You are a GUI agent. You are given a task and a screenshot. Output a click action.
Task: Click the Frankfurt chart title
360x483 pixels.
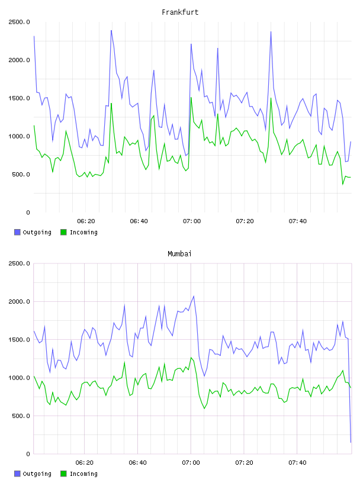coord(180,12)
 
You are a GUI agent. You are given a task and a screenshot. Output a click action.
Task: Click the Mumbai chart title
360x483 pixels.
coord(179,254)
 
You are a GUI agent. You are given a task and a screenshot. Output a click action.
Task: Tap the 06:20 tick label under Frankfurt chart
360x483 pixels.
coord(86,221)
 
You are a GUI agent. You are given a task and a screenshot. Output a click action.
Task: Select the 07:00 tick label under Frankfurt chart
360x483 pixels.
coord(192,221)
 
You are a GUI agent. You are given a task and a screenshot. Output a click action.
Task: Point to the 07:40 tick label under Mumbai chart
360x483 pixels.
coord(297,463)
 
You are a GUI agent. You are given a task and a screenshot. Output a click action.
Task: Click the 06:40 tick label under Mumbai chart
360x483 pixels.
coord(138,463)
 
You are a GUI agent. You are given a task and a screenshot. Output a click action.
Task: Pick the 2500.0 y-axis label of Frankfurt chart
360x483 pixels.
coord(19,22)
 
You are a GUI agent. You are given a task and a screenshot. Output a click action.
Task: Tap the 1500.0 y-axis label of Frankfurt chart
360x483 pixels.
coord(19,98)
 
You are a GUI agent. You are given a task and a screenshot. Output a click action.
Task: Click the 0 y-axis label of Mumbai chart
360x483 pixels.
coord(28,454)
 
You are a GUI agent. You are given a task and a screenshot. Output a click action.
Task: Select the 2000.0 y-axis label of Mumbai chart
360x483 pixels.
coord(19,301)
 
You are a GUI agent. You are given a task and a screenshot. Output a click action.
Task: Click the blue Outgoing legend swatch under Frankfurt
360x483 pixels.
coord(17,232)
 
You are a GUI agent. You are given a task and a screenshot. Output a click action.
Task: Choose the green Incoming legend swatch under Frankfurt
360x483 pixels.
coord(63,232)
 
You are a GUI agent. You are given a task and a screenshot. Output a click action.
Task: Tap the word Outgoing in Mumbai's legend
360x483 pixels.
coord(37,474)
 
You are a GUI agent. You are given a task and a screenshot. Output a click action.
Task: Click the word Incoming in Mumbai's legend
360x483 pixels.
coord(83,474)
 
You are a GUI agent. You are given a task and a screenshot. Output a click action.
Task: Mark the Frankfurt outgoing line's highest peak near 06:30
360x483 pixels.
coord(111,30)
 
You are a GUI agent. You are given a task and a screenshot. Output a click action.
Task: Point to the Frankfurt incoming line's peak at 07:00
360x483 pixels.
coord(191,97)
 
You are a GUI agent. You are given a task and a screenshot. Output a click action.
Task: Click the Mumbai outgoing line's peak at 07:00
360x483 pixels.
coord(194,296)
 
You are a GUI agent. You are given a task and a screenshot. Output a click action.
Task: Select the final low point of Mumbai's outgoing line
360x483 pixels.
coord(351,442)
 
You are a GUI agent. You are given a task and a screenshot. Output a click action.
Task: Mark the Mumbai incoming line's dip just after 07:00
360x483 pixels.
coord(204,408)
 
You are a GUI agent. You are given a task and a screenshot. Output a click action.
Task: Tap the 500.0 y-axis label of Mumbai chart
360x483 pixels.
coord(19,416)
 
